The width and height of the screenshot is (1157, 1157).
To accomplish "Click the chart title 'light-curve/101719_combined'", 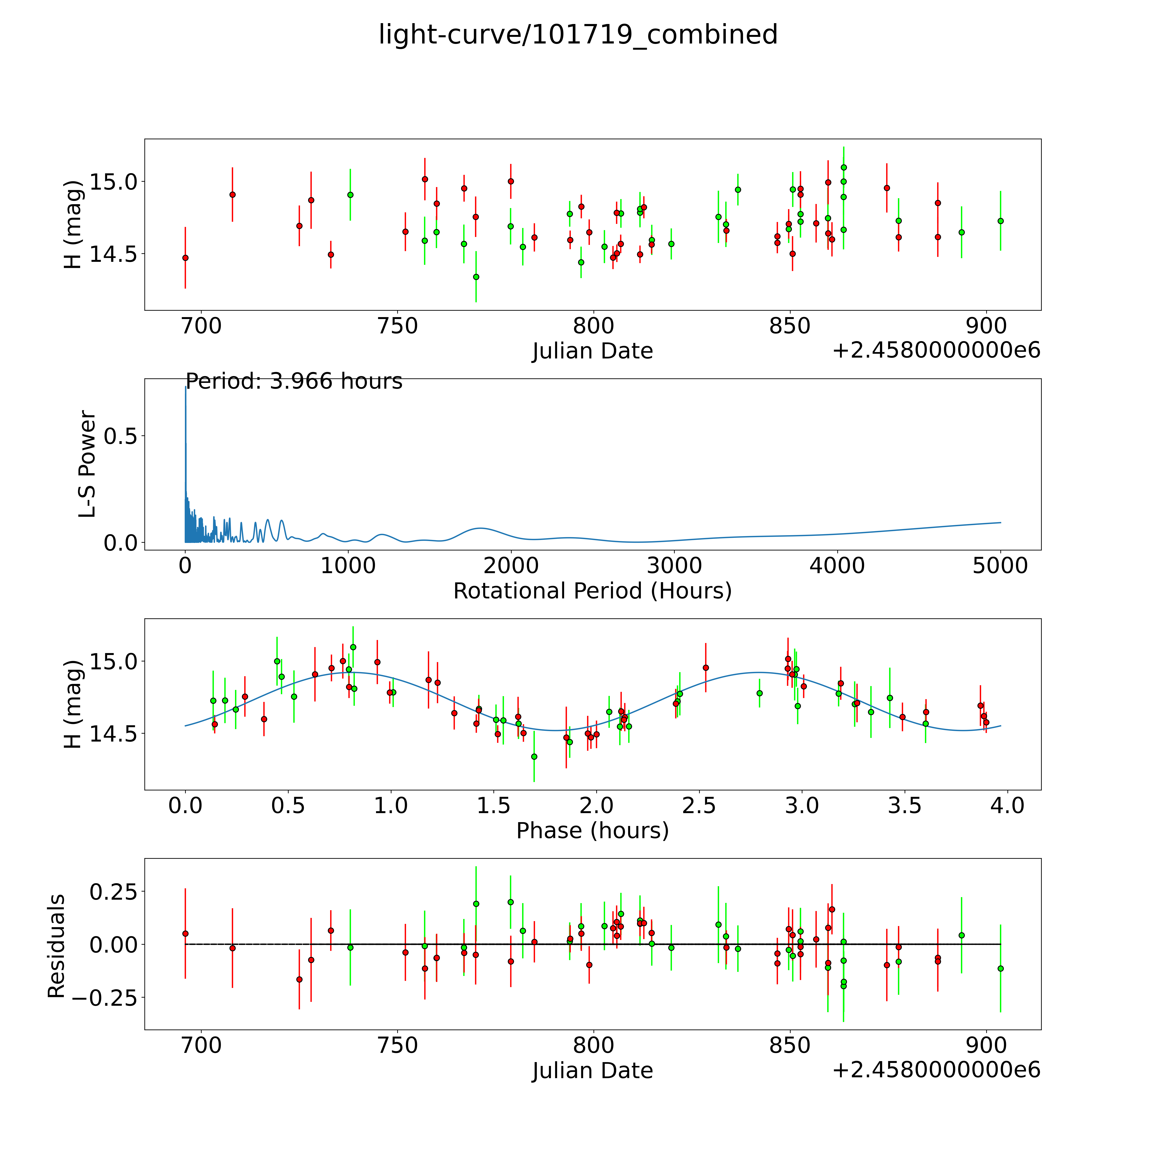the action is coord(578,35).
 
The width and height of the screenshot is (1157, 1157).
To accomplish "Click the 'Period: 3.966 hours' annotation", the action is coord(294,381).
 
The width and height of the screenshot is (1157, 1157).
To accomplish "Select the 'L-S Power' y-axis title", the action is coord(87,464).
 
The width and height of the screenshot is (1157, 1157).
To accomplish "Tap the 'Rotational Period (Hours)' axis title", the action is coord(592,591).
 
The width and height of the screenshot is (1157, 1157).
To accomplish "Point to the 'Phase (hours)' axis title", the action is coord(592,831).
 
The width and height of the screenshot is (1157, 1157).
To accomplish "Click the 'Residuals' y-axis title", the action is coord(56,946).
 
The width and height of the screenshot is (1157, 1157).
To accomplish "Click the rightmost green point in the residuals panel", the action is coord(1000,968).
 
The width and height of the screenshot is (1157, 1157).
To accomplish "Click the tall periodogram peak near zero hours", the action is coord(186,388).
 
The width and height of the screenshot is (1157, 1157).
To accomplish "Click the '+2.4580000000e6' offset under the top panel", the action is coord(936,350).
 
